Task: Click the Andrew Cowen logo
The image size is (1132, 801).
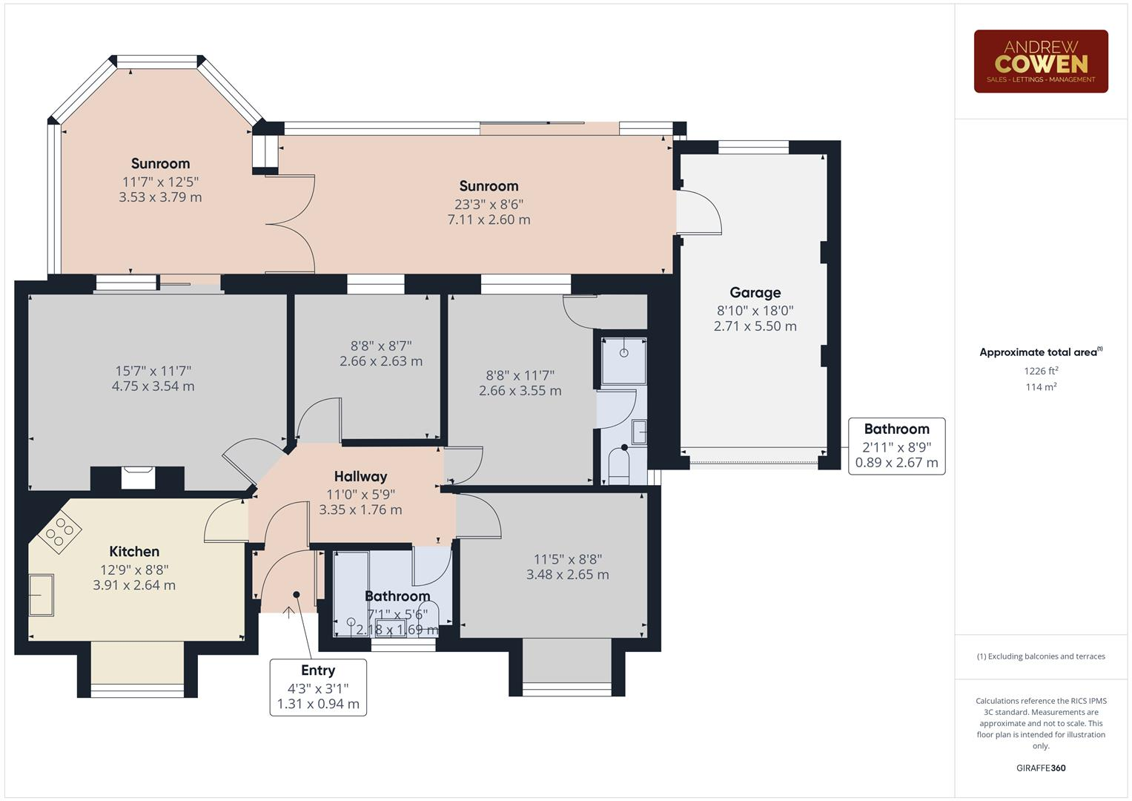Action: click(x=1040, y=61)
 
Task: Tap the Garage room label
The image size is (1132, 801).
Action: click(x=755, y=292)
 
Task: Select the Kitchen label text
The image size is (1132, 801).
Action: click(x=134, y=551)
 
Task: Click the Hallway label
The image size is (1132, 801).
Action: click(x=360, y=476)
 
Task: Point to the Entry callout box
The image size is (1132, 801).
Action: click(x=318, y=687)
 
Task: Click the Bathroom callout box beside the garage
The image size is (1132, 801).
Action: click(x=896, y=446)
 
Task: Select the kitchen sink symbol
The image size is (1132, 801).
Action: click(x=42, y=595)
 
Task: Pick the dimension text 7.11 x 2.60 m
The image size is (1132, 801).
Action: click(x=489, y=220)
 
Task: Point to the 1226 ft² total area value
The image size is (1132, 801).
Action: click(x=1041, y=371)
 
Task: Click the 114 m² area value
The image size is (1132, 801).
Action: click(x=1041, y=387)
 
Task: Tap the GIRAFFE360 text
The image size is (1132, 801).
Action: click(x=1040, y=768)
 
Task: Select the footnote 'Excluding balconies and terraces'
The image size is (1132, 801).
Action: click(x=1040, y=656)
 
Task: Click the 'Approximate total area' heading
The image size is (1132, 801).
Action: click(x=1040, y=352)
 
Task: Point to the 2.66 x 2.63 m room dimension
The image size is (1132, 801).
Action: click(x=381, y=361)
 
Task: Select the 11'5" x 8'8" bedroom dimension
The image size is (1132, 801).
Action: click(x=568, y=559)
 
